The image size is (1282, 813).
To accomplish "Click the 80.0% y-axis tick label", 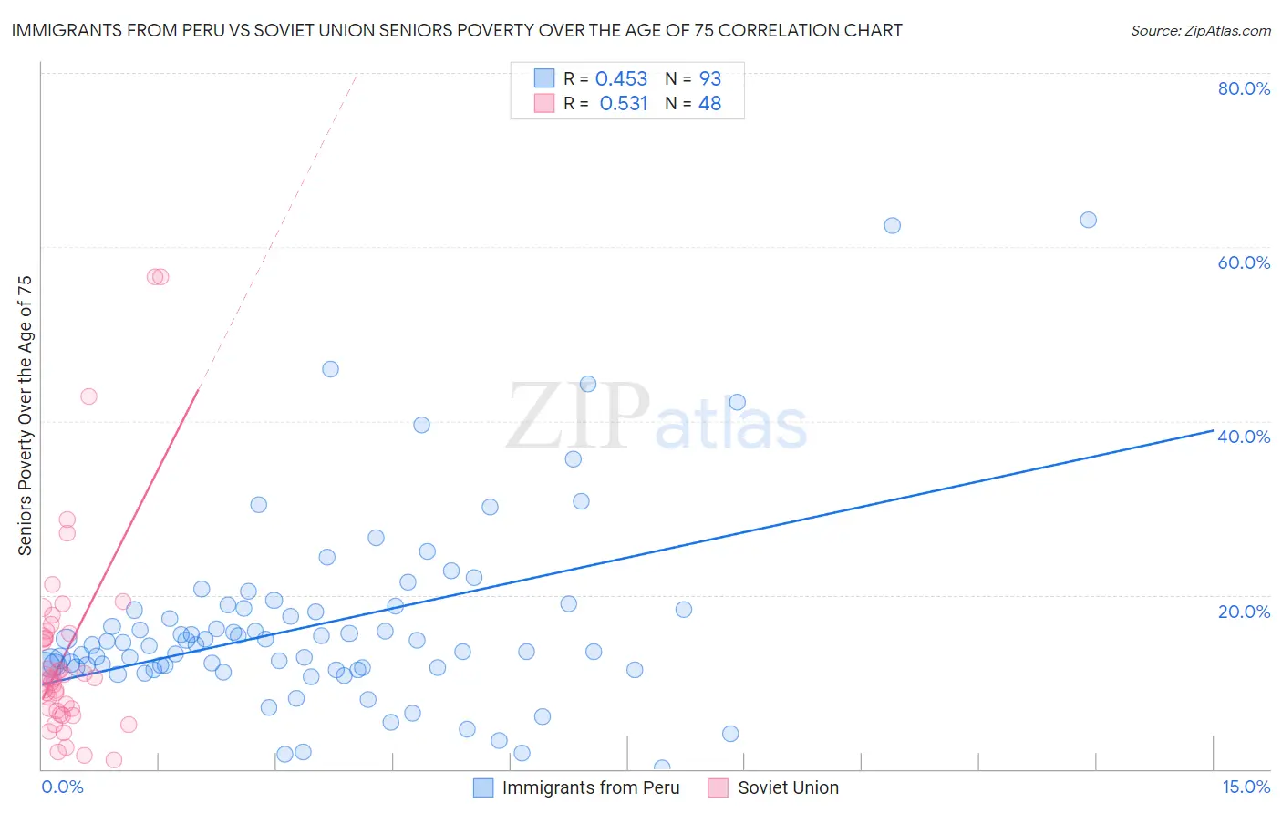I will tap(1244, 88).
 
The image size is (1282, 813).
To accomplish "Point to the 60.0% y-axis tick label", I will tap(1244, 262).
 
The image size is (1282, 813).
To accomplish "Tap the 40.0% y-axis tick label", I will tap(1244, 437).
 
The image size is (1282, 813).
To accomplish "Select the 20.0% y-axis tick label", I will tap(1244, 611).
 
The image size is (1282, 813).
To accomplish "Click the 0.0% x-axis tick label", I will tap(62, 787).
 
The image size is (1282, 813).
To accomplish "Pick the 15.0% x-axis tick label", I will tap(1246, 787).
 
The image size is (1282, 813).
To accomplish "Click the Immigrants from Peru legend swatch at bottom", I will tap(483, 787).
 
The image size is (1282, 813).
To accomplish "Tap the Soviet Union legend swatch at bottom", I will tap(719, 787).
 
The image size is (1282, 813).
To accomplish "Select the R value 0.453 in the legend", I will tap(621, 79).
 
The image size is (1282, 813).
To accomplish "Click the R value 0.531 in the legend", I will tap(623, 104).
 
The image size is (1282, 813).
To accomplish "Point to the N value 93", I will tap(709, 79).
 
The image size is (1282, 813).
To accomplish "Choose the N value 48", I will tap(709, 104).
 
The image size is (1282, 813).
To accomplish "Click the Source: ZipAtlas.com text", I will tap(1200, 31).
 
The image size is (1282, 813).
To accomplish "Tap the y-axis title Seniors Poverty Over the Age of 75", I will tap(26, 416).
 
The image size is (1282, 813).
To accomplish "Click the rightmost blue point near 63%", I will tap(1088, 220).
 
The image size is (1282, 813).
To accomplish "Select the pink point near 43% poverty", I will tap(88, 396).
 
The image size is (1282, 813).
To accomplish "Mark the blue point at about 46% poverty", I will tap(330, 369).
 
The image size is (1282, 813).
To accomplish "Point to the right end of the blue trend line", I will tap(1213, 430).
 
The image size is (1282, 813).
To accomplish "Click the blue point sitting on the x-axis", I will tap(662, 768).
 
